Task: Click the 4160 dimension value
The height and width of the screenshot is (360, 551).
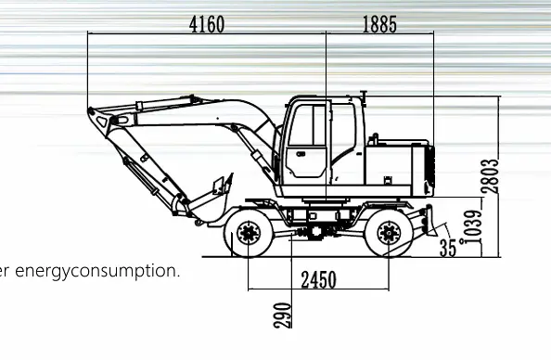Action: (x=207, y=25)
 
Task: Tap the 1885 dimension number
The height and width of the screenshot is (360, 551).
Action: (x=379, y=25)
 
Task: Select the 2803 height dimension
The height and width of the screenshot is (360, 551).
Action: (x=490, y=176)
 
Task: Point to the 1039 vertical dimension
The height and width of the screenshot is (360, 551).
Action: (x=473, y=227)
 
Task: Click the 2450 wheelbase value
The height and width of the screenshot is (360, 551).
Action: (x=319, y=280)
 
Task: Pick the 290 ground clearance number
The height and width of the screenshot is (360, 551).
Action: (x=283, y=315)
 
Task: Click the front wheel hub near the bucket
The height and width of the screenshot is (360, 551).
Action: (x=249, y=233)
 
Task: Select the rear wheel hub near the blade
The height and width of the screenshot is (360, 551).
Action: (x=389, y=233)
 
